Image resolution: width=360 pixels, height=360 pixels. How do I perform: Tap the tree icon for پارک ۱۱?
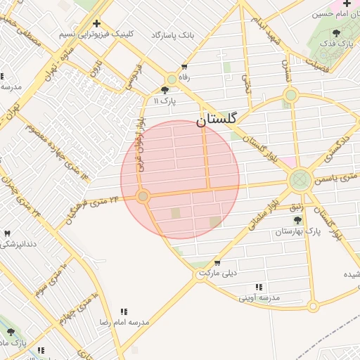(x=165, y=90)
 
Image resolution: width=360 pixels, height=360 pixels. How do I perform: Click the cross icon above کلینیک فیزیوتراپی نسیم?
(x=96, y=23)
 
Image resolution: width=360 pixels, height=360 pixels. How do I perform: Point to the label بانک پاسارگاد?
(x=172, y=34)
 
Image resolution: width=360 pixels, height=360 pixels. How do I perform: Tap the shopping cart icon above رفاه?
(x=184, y=66)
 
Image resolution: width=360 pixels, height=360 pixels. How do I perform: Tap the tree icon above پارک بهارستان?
(x=297, y=221)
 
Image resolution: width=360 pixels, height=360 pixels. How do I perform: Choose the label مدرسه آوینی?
(x=259, y=297)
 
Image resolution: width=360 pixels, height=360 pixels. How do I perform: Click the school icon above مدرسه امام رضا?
(x=124, y=311)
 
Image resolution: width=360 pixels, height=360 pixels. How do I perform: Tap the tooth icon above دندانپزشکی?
(x=7, y=233)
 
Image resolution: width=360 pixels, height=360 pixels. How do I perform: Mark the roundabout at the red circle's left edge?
(x=143, y=196)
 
